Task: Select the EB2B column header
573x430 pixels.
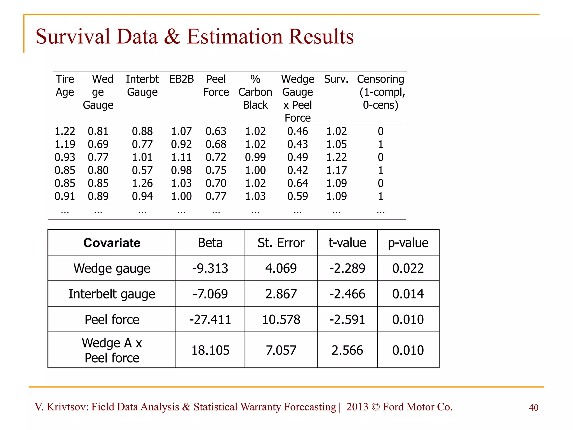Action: click(x=181, y=79)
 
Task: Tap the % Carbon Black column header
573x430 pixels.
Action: click(x=255, y=92)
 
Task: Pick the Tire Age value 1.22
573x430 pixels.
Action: click(x=65, y=131)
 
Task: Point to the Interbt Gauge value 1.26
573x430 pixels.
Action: click(x=142, y=183)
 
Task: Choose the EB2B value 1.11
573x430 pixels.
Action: click(x=181, y=157)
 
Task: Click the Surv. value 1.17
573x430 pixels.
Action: click(x=337, y=170)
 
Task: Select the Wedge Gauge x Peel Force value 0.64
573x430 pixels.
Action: click(x=297, y=183)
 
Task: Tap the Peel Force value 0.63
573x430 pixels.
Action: click(x=216, y=131)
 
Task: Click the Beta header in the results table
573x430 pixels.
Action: click(x=210, y=243)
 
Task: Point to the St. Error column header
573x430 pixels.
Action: click(x=281, y=243)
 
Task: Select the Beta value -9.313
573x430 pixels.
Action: click(x=210, y=268)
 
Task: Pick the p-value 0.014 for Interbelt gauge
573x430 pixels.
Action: click(x=408, y=294)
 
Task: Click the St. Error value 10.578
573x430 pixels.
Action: click(x=281, y=319)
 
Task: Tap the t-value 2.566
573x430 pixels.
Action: click(x=347, y=350)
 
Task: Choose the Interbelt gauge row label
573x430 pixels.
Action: click(x=112, y=294)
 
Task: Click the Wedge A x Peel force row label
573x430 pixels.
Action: click(x=112, y=350)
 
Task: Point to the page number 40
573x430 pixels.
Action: click(x=534, y=408)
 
